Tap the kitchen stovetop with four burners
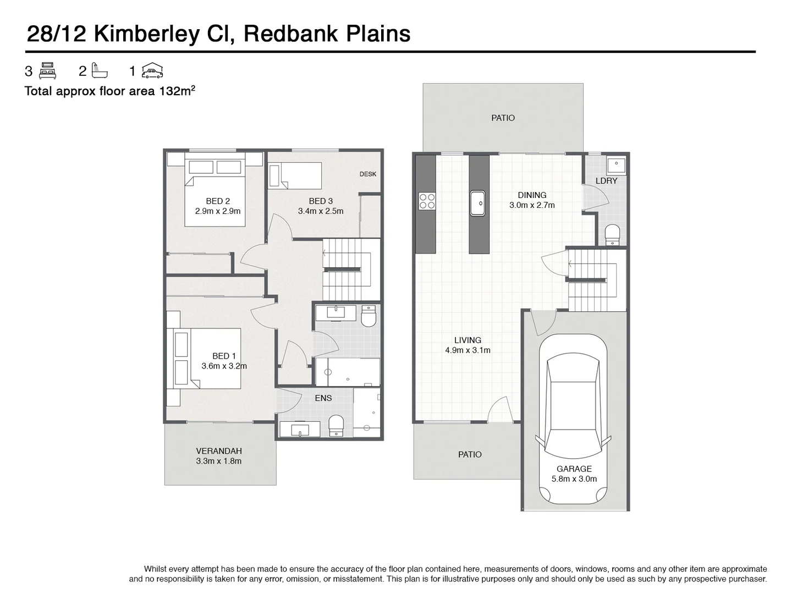tap(427, 201)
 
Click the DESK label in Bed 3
tap(368, 174)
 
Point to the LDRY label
tap(606, 180)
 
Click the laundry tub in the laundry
tap(615, 163)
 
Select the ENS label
tap(323, 398)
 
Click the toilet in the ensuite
tap(335, 425)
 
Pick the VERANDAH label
tap(219, 451)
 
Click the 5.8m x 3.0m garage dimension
tap(574, 479)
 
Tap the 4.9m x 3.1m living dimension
tap(468, 350)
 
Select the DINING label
tap(532, 195)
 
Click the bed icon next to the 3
tap(48, 70)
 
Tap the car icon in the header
tap(152, 70)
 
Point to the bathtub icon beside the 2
tap(100, 70)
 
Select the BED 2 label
tap(218, 201)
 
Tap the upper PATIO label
tap(503, 118)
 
